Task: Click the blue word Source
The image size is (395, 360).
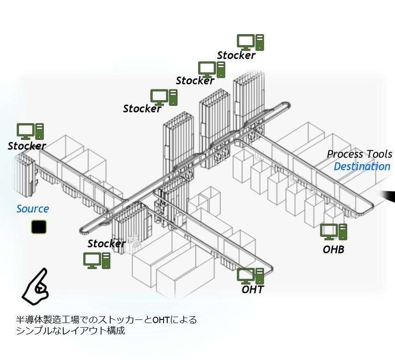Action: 32,209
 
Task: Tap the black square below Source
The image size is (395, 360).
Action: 39,227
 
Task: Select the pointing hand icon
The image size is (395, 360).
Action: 36,286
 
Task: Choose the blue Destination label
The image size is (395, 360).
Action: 362,166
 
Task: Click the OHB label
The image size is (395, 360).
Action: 333,249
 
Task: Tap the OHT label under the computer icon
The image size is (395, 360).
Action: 252,289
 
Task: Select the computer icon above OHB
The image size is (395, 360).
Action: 333,231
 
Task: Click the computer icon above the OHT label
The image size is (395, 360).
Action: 251,275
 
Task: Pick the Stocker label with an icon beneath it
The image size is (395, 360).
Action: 106,243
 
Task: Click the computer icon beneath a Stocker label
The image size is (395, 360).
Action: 97,260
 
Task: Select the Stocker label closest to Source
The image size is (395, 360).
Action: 26,146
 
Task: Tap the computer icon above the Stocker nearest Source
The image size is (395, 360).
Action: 31,131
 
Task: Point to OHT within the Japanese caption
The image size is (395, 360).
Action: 160,320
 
